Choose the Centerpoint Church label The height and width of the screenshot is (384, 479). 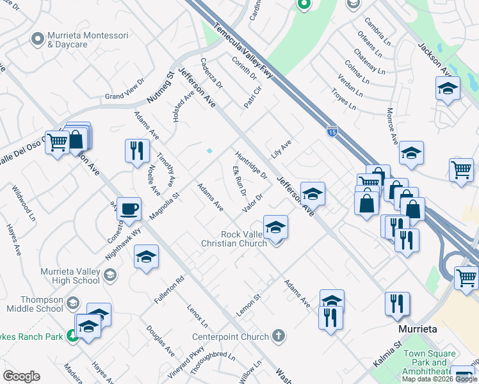[232, 336]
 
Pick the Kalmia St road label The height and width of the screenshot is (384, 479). [386, 353]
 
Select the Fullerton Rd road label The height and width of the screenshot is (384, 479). [169, 289]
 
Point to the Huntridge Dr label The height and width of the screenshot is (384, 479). [250, 164]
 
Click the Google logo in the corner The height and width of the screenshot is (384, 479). [21, 376]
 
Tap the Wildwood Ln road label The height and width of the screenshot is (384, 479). [23, 203]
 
